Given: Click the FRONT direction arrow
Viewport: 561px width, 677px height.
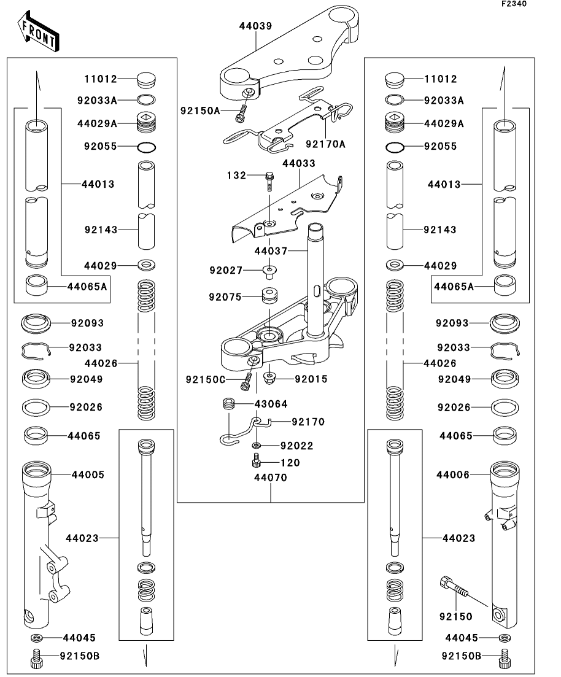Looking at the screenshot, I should pyautogui.click(x=38, y=33).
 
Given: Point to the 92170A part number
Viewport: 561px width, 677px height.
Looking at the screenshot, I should pyautogui.click(x=325, y=144).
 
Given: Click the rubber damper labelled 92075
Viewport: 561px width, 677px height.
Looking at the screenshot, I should pyautogui.click(x=268, y=296).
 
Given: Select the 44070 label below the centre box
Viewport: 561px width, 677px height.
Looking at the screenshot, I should pyautogui.click(x=271, y=477).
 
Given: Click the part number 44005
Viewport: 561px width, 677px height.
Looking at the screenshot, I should pyautogui.click(x=88, y=474).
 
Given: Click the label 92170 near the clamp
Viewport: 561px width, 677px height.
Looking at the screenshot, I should pyautogui.click(x=308, y=422).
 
